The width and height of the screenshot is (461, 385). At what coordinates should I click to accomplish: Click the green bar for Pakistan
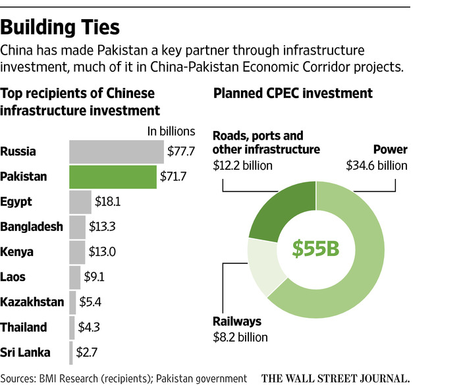pos(113,176)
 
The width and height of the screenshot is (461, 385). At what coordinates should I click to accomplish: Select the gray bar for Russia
pos(116,151)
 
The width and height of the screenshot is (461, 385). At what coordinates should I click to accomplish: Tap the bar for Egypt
pos(80,201)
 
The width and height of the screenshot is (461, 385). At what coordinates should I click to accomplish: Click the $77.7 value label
pos(181,151)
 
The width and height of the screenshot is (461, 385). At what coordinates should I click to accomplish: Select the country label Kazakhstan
pos(32,302)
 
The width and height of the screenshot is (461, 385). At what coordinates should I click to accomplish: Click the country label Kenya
pos(17,251)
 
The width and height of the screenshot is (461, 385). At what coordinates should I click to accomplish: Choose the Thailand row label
pos(24,327)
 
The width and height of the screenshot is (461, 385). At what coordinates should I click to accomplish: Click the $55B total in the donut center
pos(315,249)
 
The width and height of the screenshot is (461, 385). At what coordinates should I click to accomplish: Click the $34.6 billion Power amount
pos(377,166)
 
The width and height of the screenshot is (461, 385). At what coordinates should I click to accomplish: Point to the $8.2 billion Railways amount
pos(240,338)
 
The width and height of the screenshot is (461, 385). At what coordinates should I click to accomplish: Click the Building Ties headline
pos(61,27)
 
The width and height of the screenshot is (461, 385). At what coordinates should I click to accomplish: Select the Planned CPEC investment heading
pos(293,93)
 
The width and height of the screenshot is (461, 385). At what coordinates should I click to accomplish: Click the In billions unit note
pos(171,131)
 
